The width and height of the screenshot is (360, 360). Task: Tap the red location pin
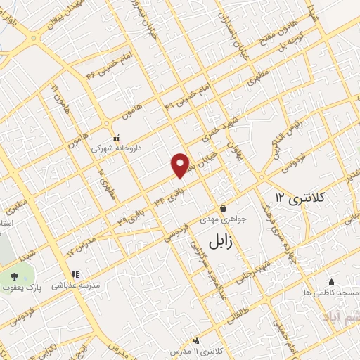pyautogui.click(x=181, y=165)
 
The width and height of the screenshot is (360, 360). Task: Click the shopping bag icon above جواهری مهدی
pyautogui.click(x=224, y=208)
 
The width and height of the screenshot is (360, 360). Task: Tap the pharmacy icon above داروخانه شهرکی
pyautogui.click(x=117, y=137)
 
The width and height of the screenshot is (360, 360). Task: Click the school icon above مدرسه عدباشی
pyautogui.click(x=75, y=275)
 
